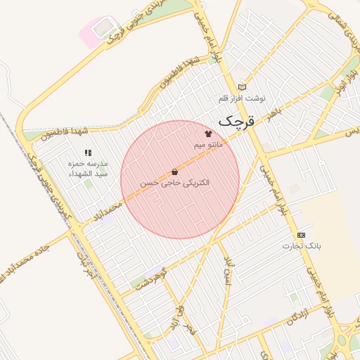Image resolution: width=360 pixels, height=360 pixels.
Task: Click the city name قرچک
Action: (x=234, y=121)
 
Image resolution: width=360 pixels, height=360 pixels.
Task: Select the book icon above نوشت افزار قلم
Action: (x=242, y=86)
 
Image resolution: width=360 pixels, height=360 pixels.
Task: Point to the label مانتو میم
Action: (x=208, y=145)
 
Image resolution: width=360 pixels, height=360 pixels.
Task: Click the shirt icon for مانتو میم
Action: (x=207, y=133)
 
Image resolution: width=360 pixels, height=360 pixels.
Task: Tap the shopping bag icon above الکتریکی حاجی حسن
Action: (x=174, y=172)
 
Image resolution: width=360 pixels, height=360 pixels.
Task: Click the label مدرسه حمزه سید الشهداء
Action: (x=88, y=168)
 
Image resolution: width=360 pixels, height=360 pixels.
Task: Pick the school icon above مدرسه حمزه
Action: (x=88, y=153)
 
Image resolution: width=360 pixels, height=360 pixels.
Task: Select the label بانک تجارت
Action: (x=302, y=246)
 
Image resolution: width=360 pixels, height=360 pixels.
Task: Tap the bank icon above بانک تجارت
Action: (x=302, y=234)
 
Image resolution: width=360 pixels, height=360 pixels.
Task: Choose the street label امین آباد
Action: (x=229, y=271)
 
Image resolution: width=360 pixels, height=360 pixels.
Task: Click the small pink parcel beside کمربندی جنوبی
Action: (x=91, y=32)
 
